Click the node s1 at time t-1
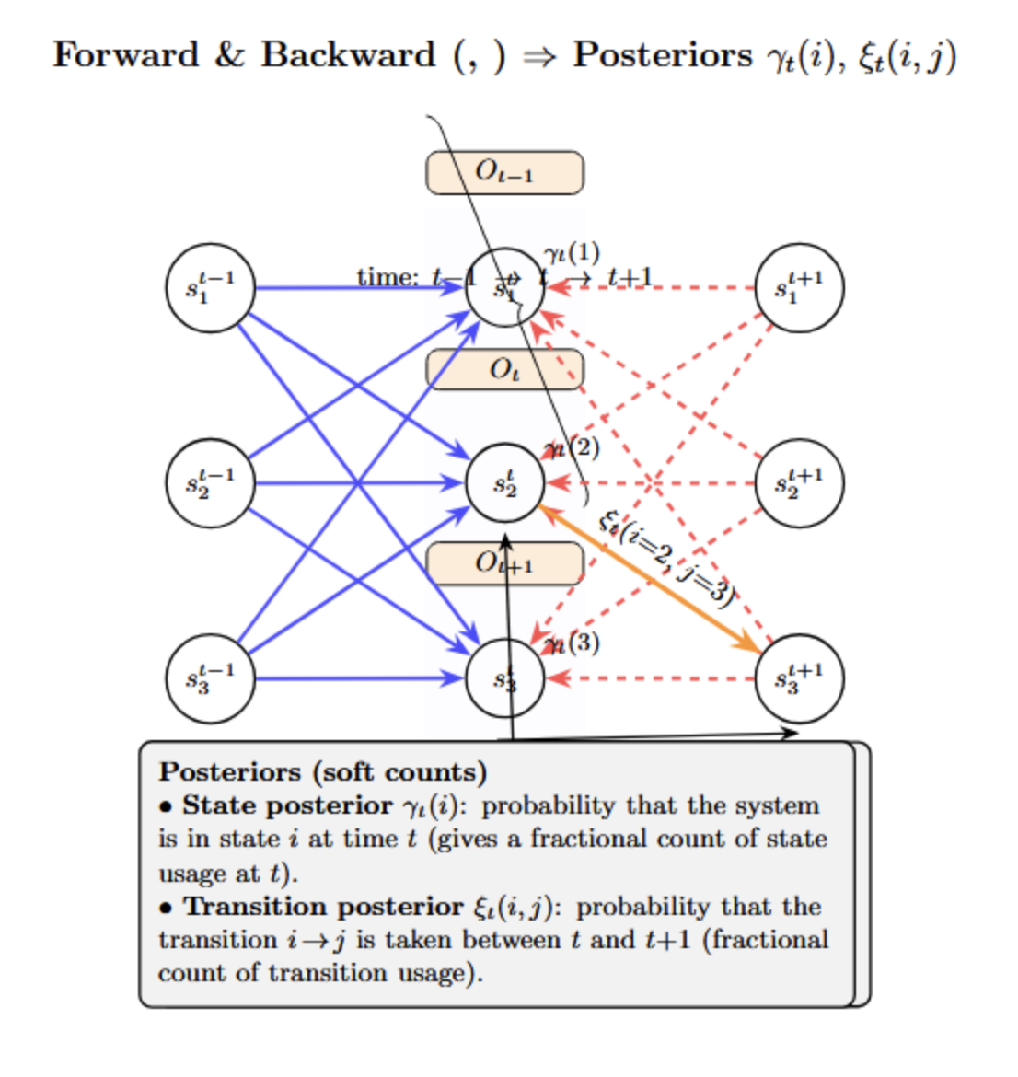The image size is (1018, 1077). tap(210, 288)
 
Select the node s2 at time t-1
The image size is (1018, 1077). tap(210, 483)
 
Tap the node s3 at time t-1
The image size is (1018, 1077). tap(210, 679)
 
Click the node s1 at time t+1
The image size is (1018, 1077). tap(799, 288)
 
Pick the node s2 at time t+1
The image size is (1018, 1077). tap(799, 483)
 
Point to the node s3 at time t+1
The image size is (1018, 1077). tap(799, 679)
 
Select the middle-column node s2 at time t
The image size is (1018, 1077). tap(504, 483)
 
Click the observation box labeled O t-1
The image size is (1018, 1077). tap(504, 172)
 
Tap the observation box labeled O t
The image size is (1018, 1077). tap(504, 369)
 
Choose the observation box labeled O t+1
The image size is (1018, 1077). tap(504, 563)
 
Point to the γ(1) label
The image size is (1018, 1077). tap(572, 252)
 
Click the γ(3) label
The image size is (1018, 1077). tap(572, 643)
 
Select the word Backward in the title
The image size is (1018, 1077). tap(348, 54)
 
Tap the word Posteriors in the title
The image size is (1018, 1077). tap(663, 54)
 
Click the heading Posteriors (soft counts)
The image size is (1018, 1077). tap(322, 771)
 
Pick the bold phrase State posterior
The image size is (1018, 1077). tap(287, 805)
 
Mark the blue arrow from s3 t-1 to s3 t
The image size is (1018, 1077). tap(359, 679)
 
